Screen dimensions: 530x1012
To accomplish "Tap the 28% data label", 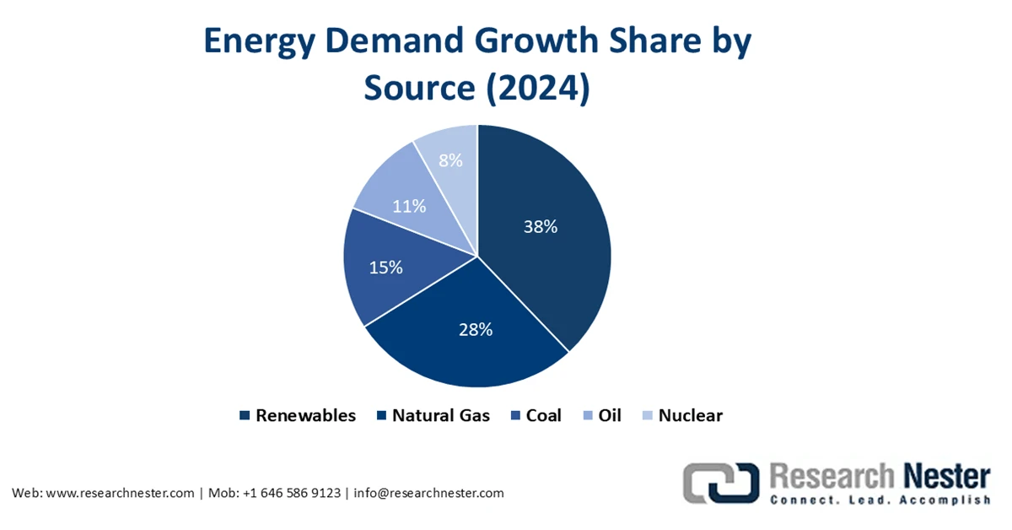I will tap(475, 330).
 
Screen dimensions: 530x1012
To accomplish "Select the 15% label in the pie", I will tap(385, 268).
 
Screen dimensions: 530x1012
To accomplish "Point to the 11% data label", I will tap(409, 206).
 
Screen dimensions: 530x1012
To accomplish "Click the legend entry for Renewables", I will tap(304, 415).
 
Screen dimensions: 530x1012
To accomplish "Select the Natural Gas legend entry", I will tap(436, 415).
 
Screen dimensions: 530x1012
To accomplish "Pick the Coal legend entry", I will tap(543, 415).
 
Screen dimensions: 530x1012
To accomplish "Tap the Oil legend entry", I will tap(610, 415).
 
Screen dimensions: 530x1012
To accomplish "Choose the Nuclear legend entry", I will tap(690, 415).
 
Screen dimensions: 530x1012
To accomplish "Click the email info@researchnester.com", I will tap(428, 493).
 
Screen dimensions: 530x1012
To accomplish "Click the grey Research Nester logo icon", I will tap(719, 484).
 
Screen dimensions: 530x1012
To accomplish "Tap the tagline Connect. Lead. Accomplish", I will tap(880, 500).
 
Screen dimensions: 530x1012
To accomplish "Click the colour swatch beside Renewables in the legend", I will tap(245, 415).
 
